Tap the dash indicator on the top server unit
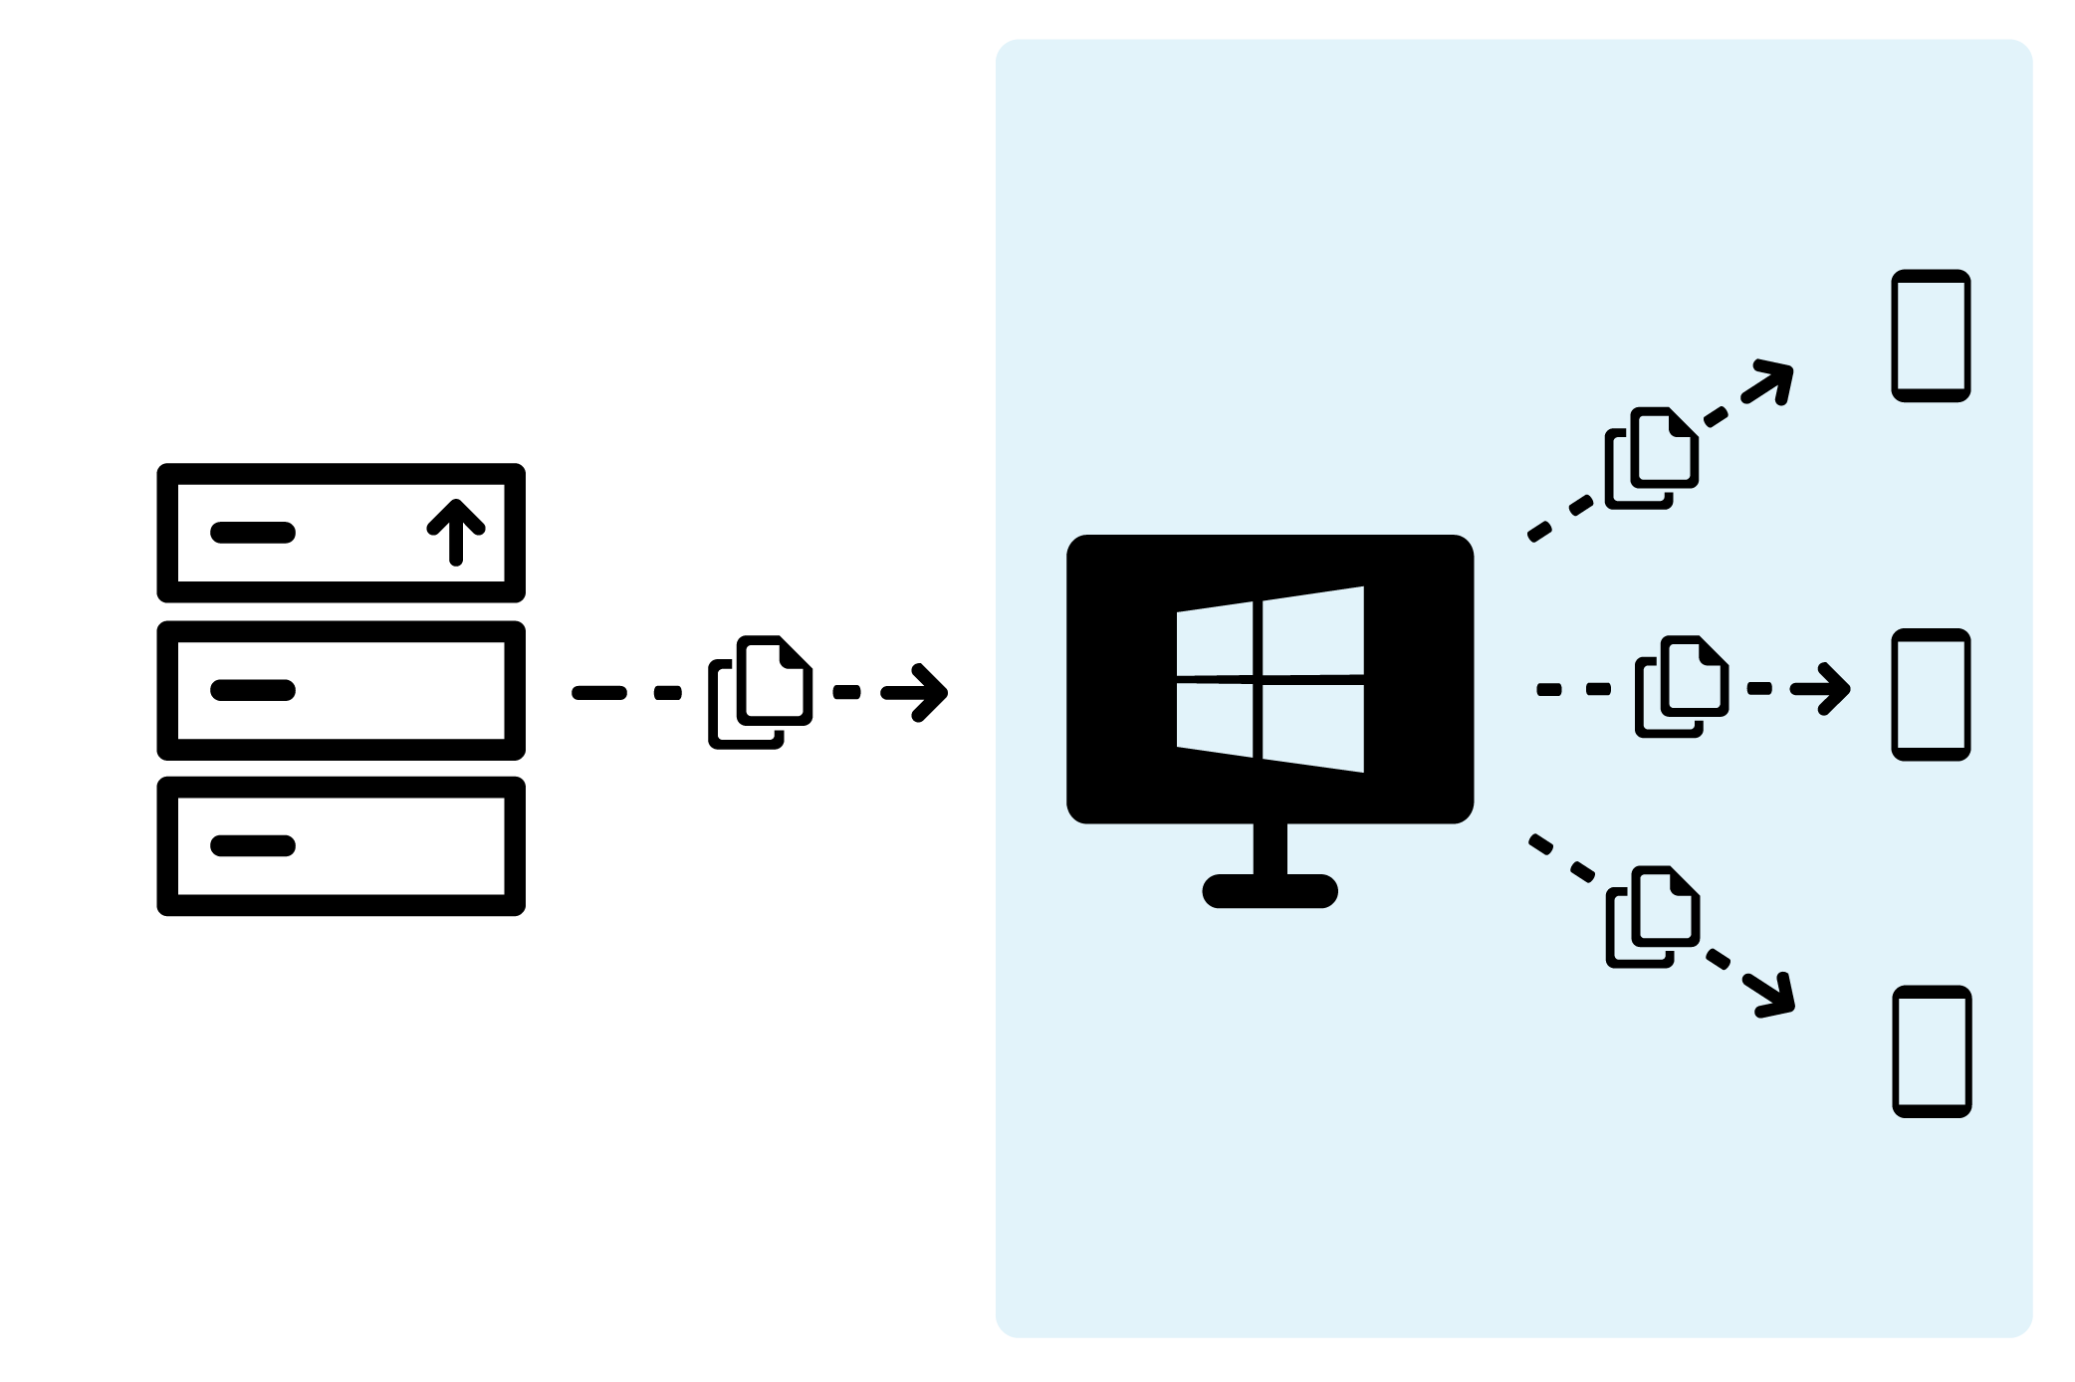click(253, 533)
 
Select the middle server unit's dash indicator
click(253, 690)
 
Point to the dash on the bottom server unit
click(253, 846)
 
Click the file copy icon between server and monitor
click(760, 692)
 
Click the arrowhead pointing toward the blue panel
click(926, 692)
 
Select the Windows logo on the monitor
click(1270, 679)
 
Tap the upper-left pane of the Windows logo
click(1215, 642)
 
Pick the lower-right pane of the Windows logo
click(1312, 726)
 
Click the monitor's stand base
click(1269, 891)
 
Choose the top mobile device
click(1931, 336)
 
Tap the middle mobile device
click(1931, 694)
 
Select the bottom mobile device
click(1932, 1051)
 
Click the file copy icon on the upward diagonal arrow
click(1651, 458)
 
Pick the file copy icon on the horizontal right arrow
click(1681, 687)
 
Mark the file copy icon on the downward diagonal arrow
click(1652, 917)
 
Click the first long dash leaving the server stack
click(599, 693)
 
